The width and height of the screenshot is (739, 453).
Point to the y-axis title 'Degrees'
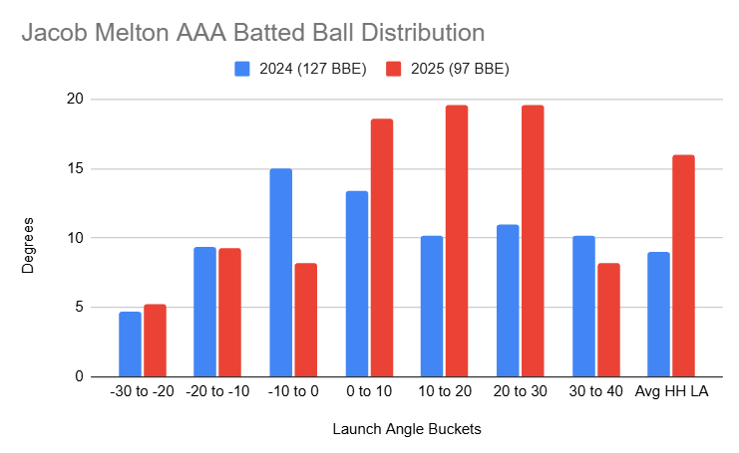click(x=29, y=238)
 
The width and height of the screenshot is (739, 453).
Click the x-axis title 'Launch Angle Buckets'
click(x=406, y=429)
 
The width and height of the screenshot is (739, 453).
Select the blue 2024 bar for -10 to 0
click(x=281, y=273)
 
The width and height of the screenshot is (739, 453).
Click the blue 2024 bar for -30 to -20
click(x=130, y=344)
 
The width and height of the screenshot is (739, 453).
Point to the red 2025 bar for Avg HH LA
click(x=683, y=266)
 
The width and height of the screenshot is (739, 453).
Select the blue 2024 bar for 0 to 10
click(x=356, y=284)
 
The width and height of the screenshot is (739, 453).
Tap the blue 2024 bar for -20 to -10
click(x=205, y=312)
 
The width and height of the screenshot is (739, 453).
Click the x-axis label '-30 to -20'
click(x=143, y=392)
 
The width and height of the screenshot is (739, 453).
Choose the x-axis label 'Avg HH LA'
click(x=671, y=392)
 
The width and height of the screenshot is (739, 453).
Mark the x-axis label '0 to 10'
click(x=369, y=392)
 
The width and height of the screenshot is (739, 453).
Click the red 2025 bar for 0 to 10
click(x=382, y=248)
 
